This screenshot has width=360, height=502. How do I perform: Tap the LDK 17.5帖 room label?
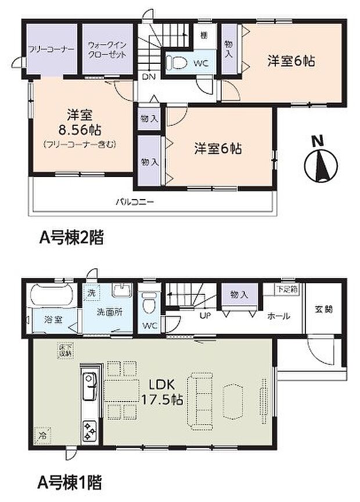(162, 392)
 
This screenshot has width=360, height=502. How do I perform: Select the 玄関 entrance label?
(325, 309)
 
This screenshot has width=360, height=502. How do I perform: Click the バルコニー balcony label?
(134, 202)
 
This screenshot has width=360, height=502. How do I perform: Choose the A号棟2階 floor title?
(71, 237)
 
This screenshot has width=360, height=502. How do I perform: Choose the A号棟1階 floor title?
(71, 481)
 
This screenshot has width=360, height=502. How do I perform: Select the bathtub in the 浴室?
(49, 297)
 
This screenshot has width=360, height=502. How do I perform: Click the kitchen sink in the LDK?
(90, 383)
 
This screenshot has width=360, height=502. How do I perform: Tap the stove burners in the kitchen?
(91, 430)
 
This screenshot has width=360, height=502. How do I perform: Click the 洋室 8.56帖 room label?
(76, 121)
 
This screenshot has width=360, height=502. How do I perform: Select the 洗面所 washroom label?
(110, 312)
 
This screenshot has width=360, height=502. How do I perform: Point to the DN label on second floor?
(148, 76)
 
